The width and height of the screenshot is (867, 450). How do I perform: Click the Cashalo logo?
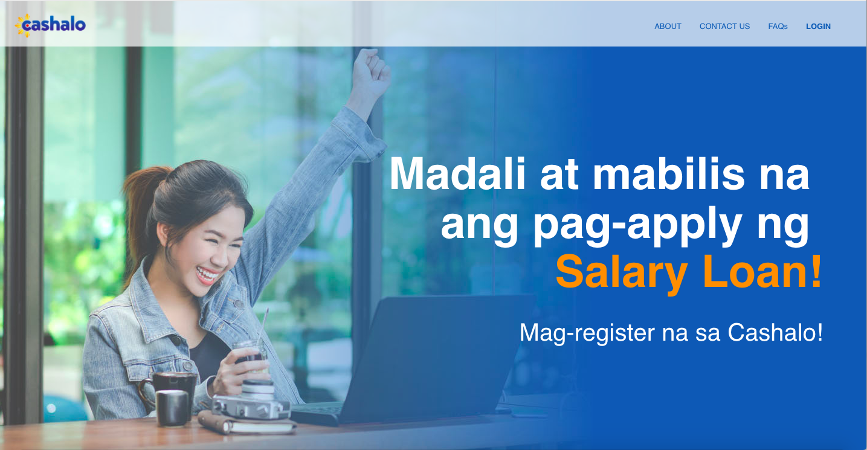point(50,25)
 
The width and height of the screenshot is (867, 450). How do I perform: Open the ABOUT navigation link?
point(668,27)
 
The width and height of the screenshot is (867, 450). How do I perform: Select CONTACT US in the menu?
point(724,27)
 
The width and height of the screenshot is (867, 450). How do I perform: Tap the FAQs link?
point(778,27)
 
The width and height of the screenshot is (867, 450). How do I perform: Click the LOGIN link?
point(818,27)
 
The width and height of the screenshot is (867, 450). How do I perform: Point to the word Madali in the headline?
point(457,174)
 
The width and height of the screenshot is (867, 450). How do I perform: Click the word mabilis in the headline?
point(669,174)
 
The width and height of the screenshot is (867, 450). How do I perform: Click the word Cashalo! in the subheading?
point(775,332)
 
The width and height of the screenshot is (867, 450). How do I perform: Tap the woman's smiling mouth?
point(207,275)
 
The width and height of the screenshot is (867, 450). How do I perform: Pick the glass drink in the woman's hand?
point(251,356)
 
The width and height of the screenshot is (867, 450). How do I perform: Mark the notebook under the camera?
point(247,423)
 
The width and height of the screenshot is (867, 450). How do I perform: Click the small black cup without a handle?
point(172,408)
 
